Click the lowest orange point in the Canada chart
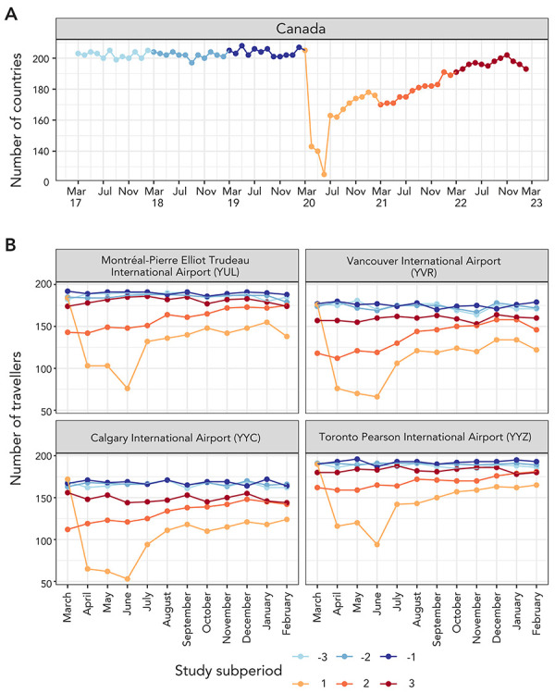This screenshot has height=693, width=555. coord(324,174)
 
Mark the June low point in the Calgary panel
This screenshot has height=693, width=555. coord(127,579)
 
